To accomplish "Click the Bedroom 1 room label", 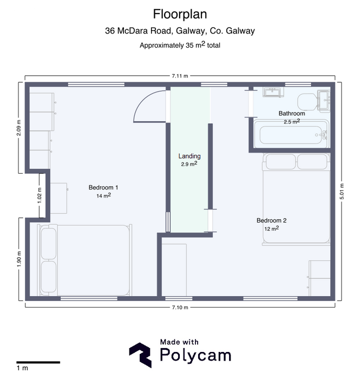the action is [x=103, y=187].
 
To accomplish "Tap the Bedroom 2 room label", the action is [x=272, y=220].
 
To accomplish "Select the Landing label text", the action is [x=189, y=156].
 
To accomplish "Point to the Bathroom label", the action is [x=292, y=113].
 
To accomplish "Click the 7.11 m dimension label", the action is [x=180, y=76].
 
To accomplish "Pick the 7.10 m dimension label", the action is [x=180, y=308].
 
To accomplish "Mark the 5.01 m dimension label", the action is [x=342, y=192].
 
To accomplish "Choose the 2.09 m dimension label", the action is [x=19, y=128].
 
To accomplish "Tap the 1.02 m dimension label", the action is [x=40, y=195].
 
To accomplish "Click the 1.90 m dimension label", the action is [x=19, y=259].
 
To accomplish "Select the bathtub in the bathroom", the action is [x=291, y=134].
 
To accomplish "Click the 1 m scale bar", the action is [x=38, y=362].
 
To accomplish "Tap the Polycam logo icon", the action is [x=140, y=355].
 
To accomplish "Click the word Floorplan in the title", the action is [x=180, y=14].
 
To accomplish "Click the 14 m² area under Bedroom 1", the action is [x=103, y=195].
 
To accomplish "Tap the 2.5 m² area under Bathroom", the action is [x=292, y=122].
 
